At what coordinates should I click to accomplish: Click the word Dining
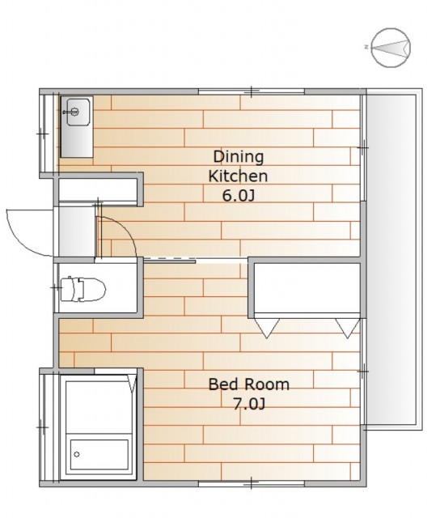point(239,157)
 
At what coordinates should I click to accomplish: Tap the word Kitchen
point(238,176)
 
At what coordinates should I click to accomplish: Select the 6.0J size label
point(239,196)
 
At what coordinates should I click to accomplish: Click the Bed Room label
point(249,384)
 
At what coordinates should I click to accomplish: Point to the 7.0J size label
point(249,404)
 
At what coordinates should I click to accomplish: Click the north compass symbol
point(391,48)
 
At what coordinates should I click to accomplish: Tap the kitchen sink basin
point(78,112)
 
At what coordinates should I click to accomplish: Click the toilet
point(82,290)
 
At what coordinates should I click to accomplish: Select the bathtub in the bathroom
point(99,455)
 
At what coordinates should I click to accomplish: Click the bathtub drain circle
point(77,455)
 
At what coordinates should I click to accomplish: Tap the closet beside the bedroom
point(307,288)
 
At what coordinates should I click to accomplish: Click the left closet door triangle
point(267,328)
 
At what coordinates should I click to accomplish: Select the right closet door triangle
point(348,328)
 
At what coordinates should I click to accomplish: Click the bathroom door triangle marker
point(133,384)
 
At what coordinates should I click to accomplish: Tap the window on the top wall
point(252,91)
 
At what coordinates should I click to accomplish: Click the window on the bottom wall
point(252,483)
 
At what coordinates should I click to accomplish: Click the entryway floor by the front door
point(77,231)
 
